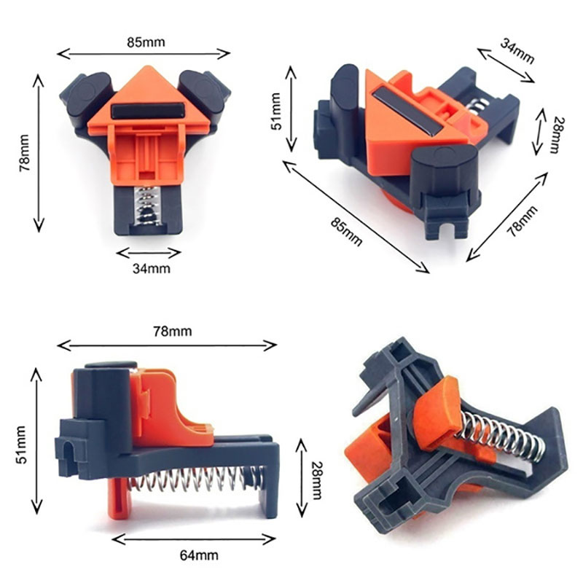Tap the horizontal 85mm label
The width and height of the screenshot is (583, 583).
tap(146, 42)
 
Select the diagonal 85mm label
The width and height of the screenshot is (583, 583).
tap(346, 231)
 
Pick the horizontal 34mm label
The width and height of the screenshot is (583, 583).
tap(152, 268)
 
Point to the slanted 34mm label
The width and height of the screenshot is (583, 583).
tap(517, 51)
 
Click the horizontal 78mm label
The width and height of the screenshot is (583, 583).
tap(173, 331)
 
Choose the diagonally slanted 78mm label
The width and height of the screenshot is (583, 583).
tap(523, 221)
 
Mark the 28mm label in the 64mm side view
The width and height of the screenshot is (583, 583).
tap(316, 480)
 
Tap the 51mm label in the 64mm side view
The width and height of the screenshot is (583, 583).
tap(21, 445)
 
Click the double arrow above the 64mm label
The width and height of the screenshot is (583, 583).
tap(194, 539)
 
